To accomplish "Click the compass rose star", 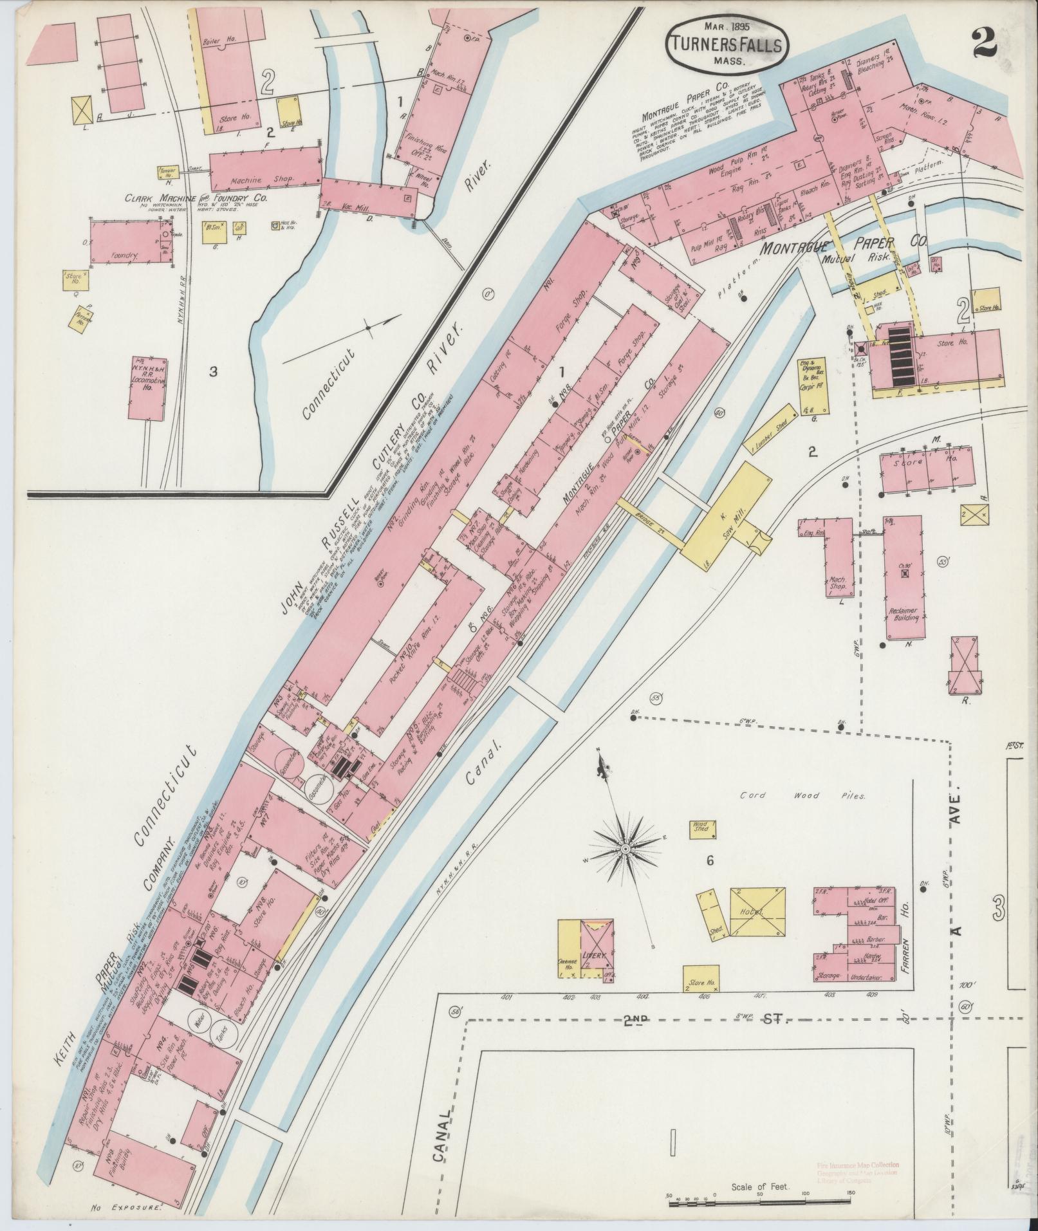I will tap(624, 850).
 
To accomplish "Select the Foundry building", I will tap(124, 242).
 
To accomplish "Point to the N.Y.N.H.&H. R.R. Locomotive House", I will tap(147, 387).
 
